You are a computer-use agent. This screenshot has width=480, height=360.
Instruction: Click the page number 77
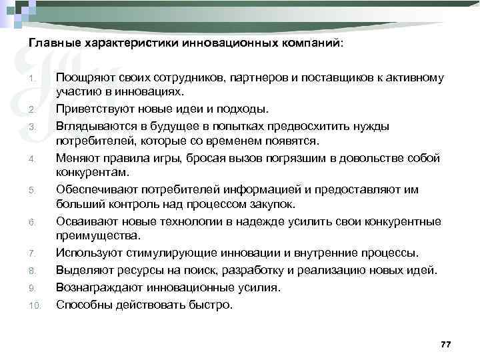(446, 343)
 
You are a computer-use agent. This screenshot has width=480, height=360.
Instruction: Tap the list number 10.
(35, 306)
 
